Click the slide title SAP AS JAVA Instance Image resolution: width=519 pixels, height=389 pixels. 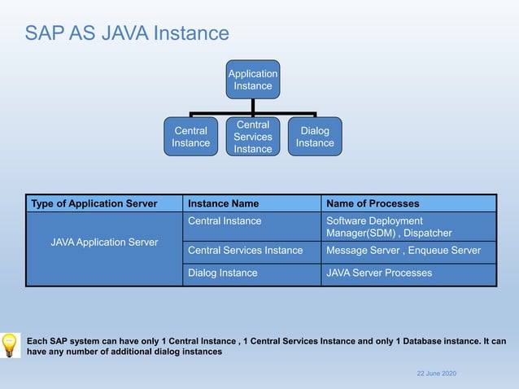click(126, 33)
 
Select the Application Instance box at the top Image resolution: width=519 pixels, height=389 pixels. click(253, 80)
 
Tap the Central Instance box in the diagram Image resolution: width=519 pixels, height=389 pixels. click(191, 137)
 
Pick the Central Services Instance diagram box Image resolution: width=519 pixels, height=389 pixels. click(253, 137)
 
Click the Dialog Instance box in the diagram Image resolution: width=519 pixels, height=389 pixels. click(315, 137)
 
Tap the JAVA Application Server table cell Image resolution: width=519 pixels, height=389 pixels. click(104, 243)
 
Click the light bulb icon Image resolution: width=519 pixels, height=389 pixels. click(11, 344)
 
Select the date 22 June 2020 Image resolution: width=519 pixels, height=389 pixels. click(437, 372)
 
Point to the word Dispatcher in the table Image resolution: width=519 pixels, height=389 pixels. click(425, 234)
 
